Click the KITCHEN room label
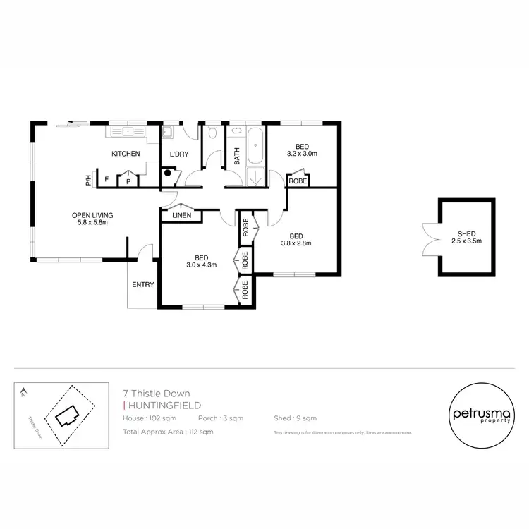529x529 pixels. tap(126, 154)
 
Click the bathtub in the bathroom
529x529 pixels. tap(255, 144)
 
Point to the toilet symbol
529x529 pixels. tap(212, 132)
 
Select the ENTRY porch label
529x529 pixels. tap(142, 285)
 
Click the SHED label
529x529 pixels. tap(466, 233)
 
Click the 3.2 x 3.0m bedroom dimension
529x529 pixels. tap(303, 152)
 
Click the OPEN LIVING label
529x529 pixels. tap(92, 215)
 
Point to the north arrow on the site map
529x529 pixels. tap(23, 390)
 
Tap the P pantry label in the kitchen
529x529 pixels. tap(128, 181)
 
